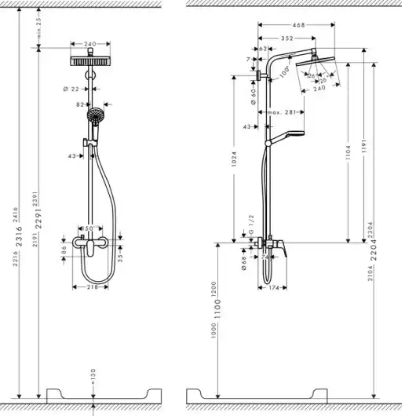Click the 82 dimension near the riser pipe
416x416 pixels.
pos(79,104)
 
